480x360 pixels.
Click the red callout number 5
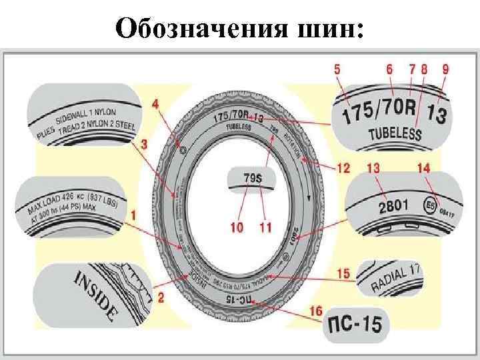[x=339, y=68]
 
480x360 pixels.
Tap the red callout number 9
[x=445, y=68]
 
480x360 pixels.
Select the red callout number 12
[x=343, y=169]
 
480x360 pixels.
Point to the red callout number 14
[x=424, y=169]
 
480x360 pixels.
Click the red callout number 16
[x=316, y=311]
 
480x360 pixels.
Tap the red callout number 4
[x=155, y=104]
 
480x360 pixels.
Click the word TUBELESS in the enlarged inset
[x=395, y=135]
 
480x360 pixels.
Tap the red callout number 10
[x=237, y=227]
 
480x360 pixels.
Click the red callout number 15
[x=343, y=273]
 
